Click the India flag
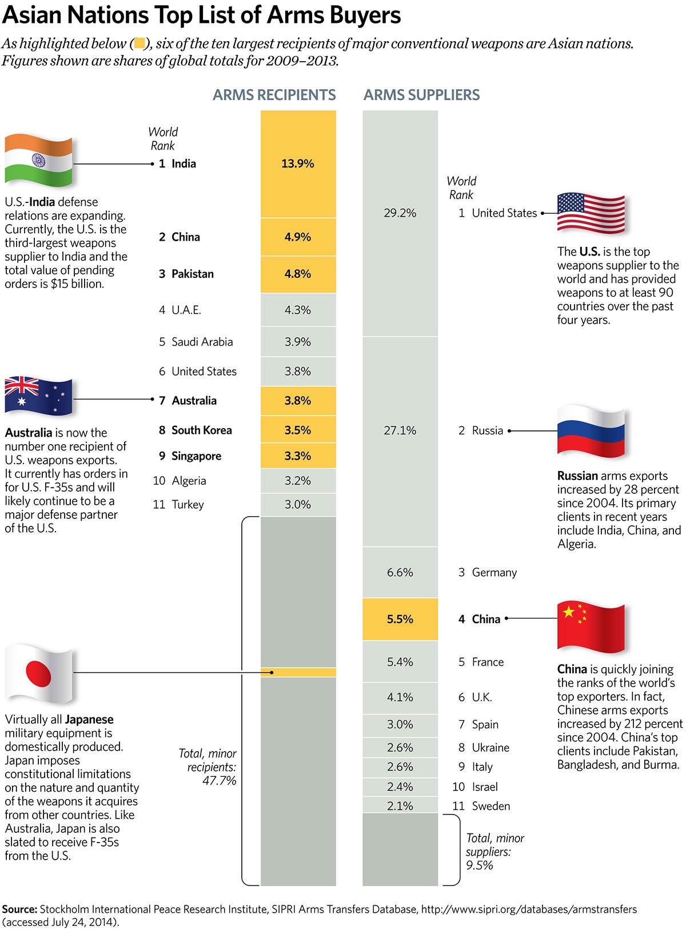[39, 161]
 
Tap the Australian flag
[39, 396]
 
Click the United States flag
[591, 213]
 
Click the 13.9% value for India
[298, 163]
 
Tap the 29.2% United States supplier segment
[400, 213]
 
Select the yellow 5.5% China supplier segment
[400, 619]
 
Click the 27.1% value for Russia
[400, 430]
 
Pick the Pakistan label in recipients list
[193, 274]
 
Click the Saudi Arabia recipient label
[202, 342]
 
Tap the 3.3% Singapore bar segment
[298, 456]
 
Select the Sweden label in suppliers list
[491, 806]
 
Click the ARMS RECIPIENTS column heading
[274, 95]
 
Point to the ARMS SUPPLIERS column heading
[422, 95]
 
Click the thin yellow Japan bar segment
[298, 672]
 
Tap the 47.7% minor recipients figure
[220, 781]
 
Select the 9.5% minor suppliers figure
[479, 865]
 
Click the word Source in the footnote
[19, 909]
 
